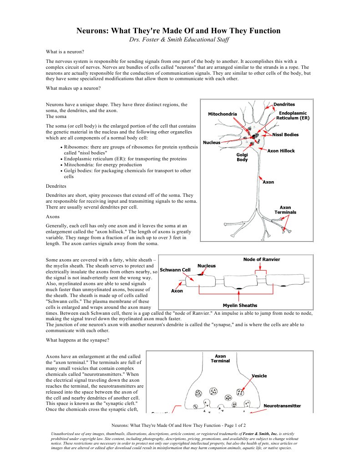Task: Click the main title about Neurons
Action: click(178, 31)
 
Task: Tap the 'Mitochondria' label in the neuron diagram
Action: click(223, 113)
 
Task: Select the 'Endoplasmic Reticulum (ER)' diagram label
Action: click(293, 115)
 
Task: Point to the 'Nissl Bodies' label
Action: click(285, 134)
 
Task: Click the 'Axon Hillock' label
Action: click(281, 151)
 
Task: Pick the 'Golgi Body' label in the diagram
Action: click(242, 157)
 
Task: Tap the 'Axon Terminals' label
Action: click(285, 210)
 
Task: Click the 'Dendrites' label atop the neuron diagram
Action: click(284, 104)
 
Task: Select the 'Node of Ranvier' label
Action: click(262, 259)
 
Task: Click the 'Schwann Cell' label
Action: click(175, 270)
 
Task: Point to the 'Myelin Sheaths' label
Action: click(240, 305)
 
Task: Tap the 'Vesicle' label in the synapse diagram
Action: click(259, 376)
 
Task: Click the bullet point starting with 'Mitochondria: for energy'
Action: click(103, 165)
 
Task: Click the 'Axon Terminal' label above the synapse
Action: click(220, 358)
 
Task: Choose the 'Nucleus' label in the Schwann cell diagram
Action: click(207, 266)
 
